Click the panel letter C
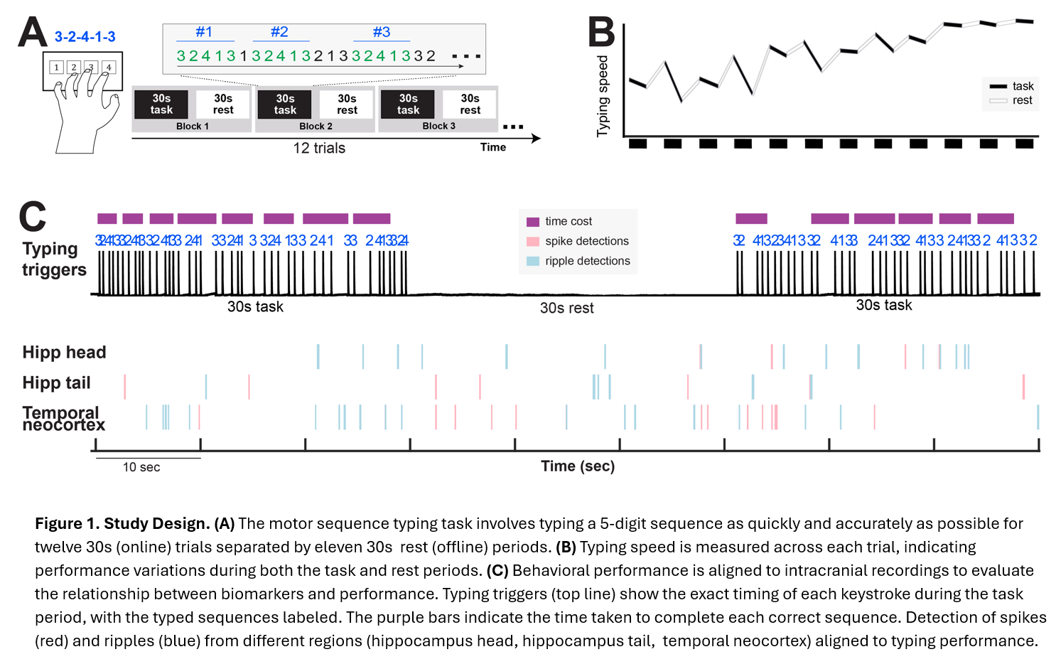point(32,217)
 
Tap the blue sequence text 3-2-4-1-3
point(85,37)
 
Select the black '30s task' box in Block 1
point(161,104)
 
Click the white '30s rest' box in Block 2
point(347,104)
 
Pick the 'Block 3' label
point(438,126)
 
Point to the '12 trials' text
point(319,148)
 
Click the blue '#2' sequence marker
point(279,32)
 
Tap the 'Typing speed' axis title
point(603,96)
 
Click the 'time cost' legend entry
point(568,221)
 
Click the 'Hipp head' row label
point(64,352)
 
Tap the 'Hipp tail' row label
point(56,382)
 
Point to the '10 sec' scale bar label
point(141,467)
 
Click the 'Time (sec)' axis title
point(578,466)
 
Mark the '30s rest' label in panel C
point(566,308)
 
